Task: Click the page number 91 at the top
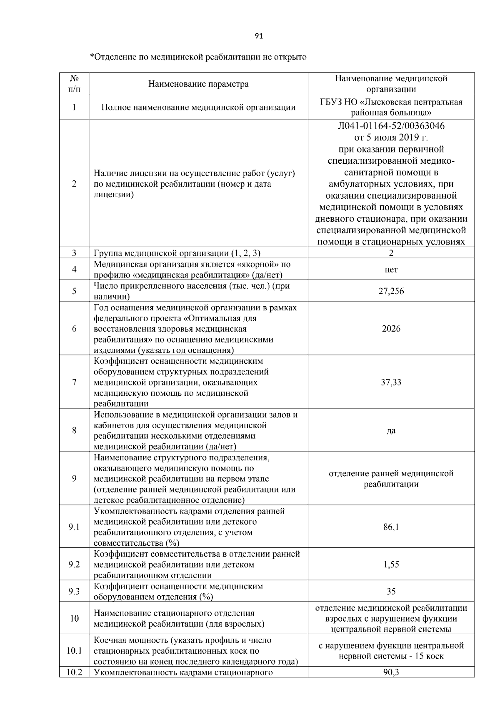259,36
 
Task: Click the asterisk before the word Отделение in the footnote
92,56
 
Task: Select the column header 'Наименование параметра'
198,84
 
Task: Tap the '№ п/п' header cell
74,83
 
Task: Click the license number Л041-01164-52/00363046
391,126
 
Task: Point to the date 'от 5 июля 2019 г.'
391,137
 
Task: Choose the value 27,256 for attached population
391,291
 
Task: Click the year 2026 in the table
391,329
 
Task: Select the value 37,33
391,382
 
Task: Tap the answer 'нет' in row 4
391,270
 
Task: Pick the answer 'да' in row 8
391,431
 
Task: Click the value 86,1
391,527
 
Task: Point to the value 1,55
391,565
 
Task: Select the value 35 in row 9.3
391,592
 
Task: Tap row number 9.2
74,565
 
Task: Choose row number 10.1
74,651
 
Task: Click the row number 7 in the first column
74,382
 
